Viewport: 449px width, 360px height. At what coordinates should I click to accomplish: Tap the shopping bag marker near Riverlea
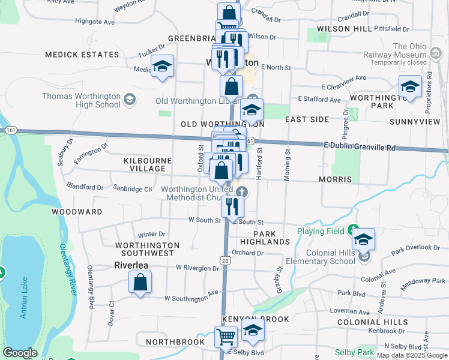click(140, 283)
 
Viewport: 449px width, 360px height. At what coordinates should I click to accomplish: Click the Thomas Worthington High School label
click(82, 100)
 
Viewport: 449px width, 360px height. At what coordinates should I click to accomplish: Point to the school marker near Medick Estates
click(161, 67)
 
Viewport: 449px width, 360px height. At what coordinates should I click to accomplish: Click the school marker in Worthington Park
click(410, 87)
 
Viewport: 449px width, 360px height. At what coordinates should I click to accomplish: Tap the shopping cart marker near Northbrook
click(226, 337)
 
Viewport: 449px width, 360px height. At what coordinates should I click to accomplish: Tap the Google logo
click(20, 353)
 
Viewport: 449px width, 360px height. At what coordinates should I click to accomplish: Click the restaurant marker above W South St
click(232, 206)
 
